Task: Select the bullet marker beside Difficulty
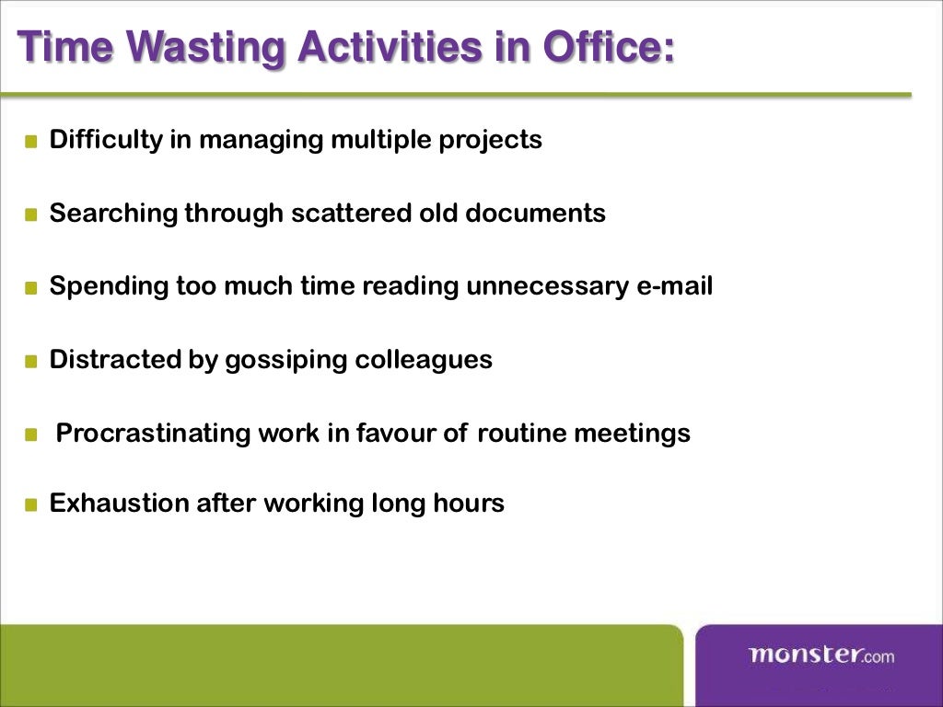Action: tap(31, 142)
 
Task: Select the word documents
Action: tap(535, 214)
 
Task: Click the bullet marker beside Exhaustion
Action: tap(31, 504)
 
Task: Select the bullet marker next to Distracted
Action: tap(31, 360)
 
